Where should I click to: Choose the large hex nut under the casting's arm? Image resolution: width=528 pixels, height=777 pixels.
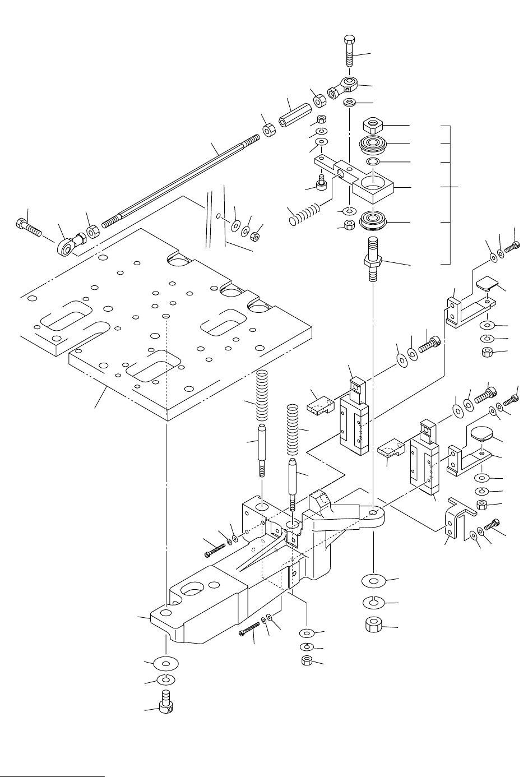click(x=373, y=624)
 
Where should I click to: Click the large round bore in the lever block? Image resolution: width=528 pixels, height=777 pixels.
click(x=372, y=182)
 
